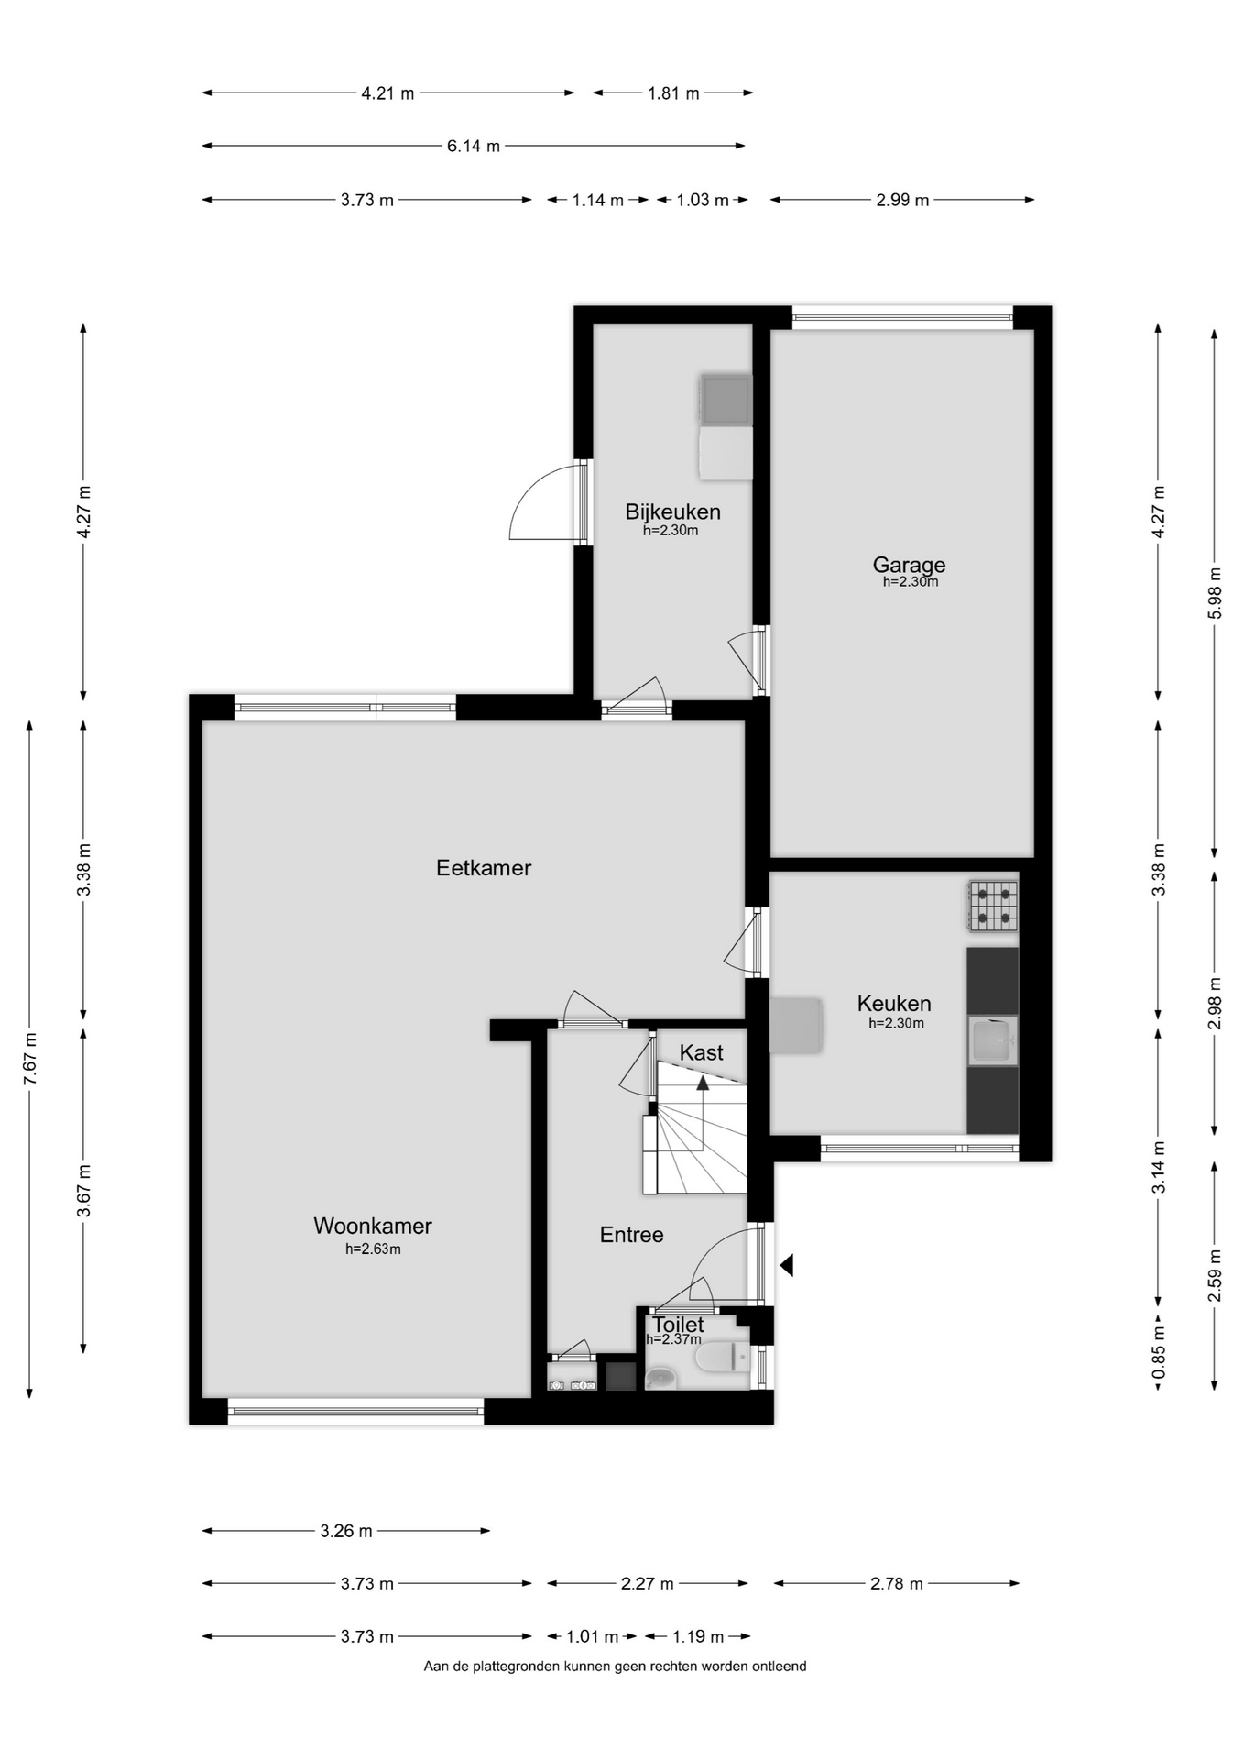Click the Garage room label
(909, 565)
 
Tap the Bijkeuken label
(672, 511)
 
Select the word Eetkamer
(484, 867)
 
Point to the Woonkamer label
(373, 1226)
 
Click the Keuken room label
(894, 1004)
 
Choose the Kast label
(702, 1053)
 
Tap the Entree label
(631, 1235)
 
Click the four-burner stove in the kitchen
(993, 906)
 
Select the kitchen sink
(993, 1041)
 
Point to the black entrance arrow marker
(786, 1266)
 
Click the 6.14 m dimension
(474, 146)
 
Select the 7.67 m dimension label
(30, 1060)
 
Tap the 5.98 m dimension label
(1215, 594)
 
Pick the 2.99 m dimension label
(902, 200)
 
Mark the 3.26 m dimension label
(346, 1531)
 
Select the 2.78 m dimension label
(897, 1583)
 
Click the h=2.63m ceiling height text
(373, 1248)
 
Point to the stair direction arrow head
(703, 1083)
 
